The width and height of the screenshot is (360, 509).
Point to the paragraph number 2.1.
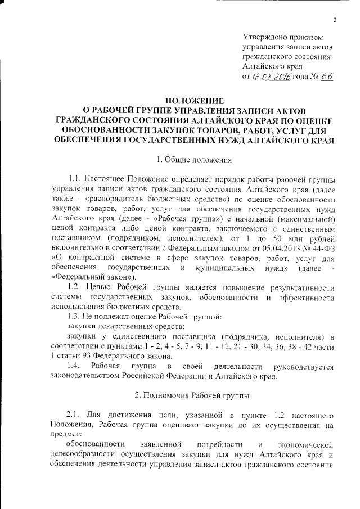pyautogui.click(x=75, y=414)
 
